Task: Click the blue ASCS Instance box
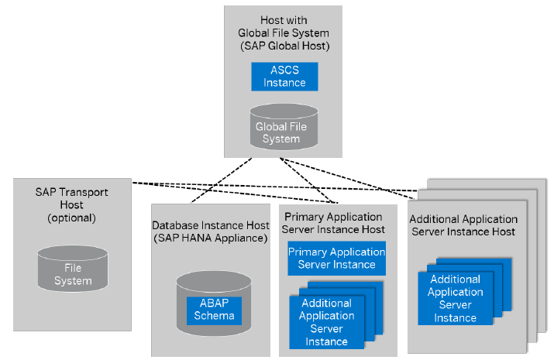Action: click(284, 76)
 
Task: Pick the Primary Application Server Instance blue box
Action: click(336, 258)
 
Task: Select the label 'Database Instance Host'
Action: click(211, 225)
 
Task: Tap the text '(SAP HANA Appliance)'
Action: click(211, 238)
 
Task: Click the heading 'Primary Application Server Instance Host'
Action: click(333, 223)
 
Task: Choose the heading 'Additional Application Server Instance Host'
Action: click(463, 225)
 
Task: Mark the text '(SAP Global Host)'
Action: click(284, 46)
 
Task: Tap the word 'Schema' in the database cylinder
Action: click(214, 317)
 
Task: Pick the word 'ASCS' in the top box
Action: click(284, 70)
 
